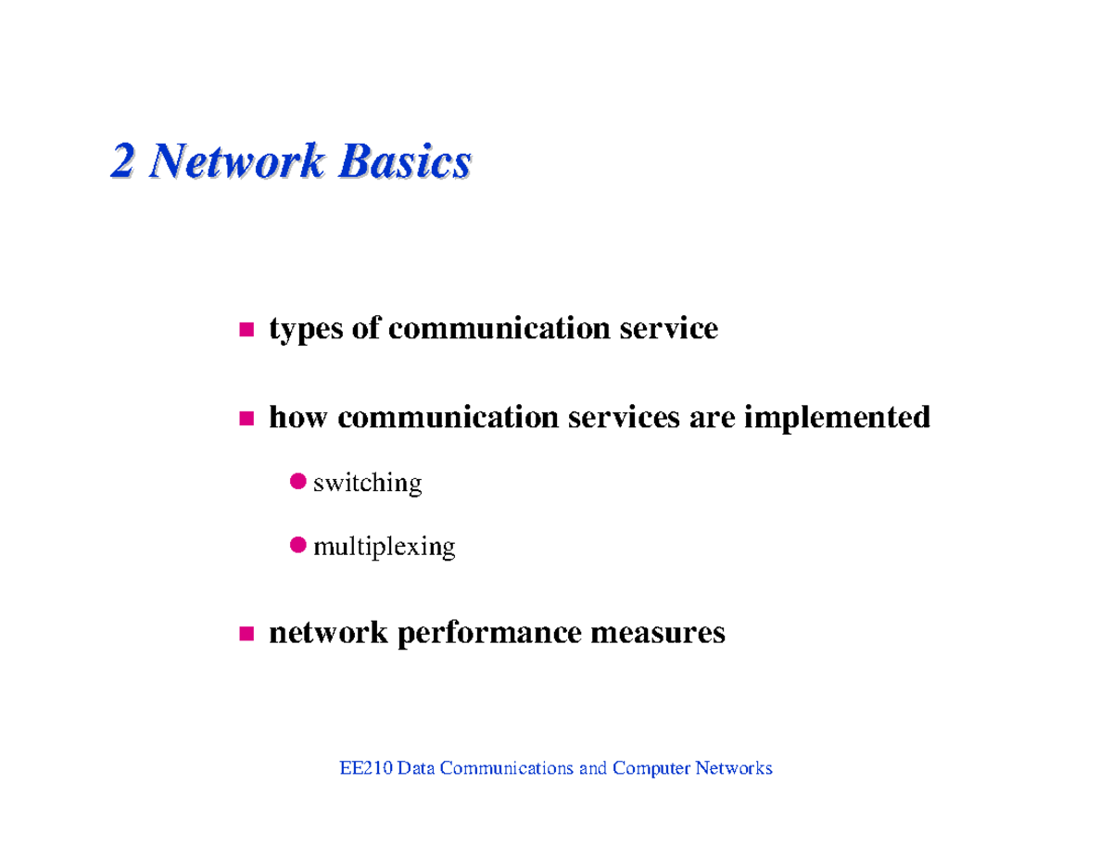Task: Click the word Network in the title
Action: [x=235, y=162]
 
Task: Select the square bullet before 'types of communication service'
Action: [x=246, y=329]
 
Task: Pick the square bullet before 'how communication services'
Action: [x=246, y=419]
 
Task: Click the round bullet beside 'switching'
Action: [x=297, y=481]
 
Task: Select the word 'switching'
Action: [x=368, y=484]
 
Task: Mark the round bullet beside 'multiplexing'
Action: [x=297, y=545]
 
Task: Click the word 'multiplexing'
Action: [x=385, y=548]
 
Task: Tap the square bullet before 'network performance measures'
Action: [x=246, y=634]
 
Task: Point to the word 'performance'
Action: [x=489, y=635]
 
